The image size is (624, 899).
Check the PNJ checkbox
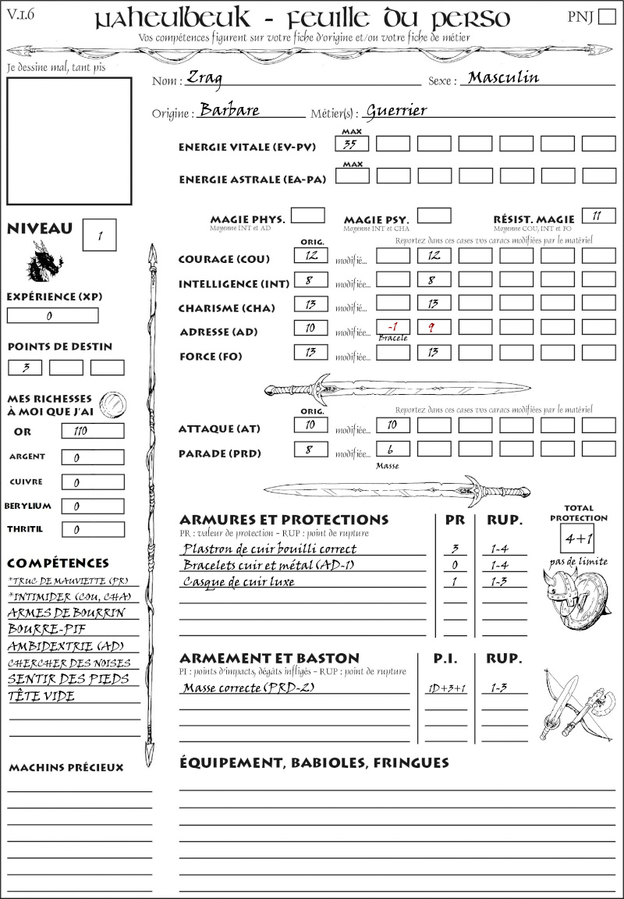(605, 18)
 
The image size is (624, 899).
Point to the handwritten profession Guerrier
(396, 110)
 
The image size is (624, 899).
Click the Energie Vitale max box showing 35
(353, 144)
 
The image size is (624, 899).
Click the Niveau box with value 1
(100, 235)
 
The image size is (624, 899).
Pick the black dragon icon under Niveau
(45, 261)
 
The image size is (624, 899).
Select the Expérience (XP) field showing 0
(52, 316)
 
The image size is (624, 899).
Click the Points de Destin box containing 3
(25, 367)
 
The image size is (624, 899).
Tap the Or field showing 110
(92, 431)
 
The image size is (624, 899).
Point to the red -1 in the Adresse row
(392, 328)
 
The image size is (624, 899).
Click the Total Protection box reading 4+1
(578, 538)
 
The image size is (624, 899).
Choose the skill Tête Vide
(41, 696)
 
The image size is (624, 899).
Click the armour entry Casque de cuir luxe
(239, 581)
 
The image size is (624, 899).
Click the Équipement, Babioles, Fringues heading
(314, 762)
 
